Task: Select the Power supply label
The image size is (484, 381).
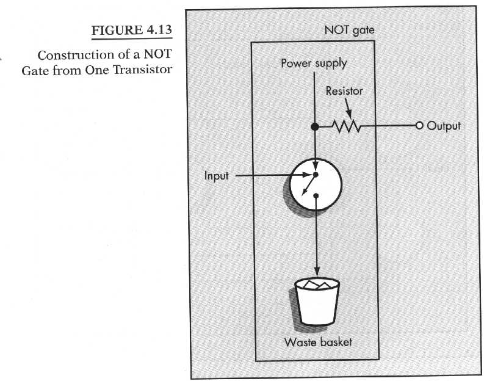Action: pos(313,63)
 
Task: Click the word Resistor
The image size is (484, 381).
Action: pos(344,91)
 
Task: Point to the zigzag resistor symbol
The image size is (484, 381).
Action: pos(346,127)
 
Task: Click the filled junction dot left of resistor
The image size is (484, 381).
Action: pos(315,127)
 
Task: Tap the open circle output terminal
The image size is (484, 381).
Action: pos(419,126)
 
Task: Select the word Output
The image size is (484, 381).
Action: pos(444,126)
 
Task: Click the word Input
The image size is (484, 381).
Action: pos(216,176)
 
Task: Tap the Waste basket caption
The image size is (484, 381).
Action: pos(318,342)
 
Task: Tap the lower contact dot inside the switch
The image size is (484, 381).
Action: pos(316,195)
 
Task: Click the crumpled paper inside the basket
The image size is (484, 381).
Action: pos(317,285)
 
